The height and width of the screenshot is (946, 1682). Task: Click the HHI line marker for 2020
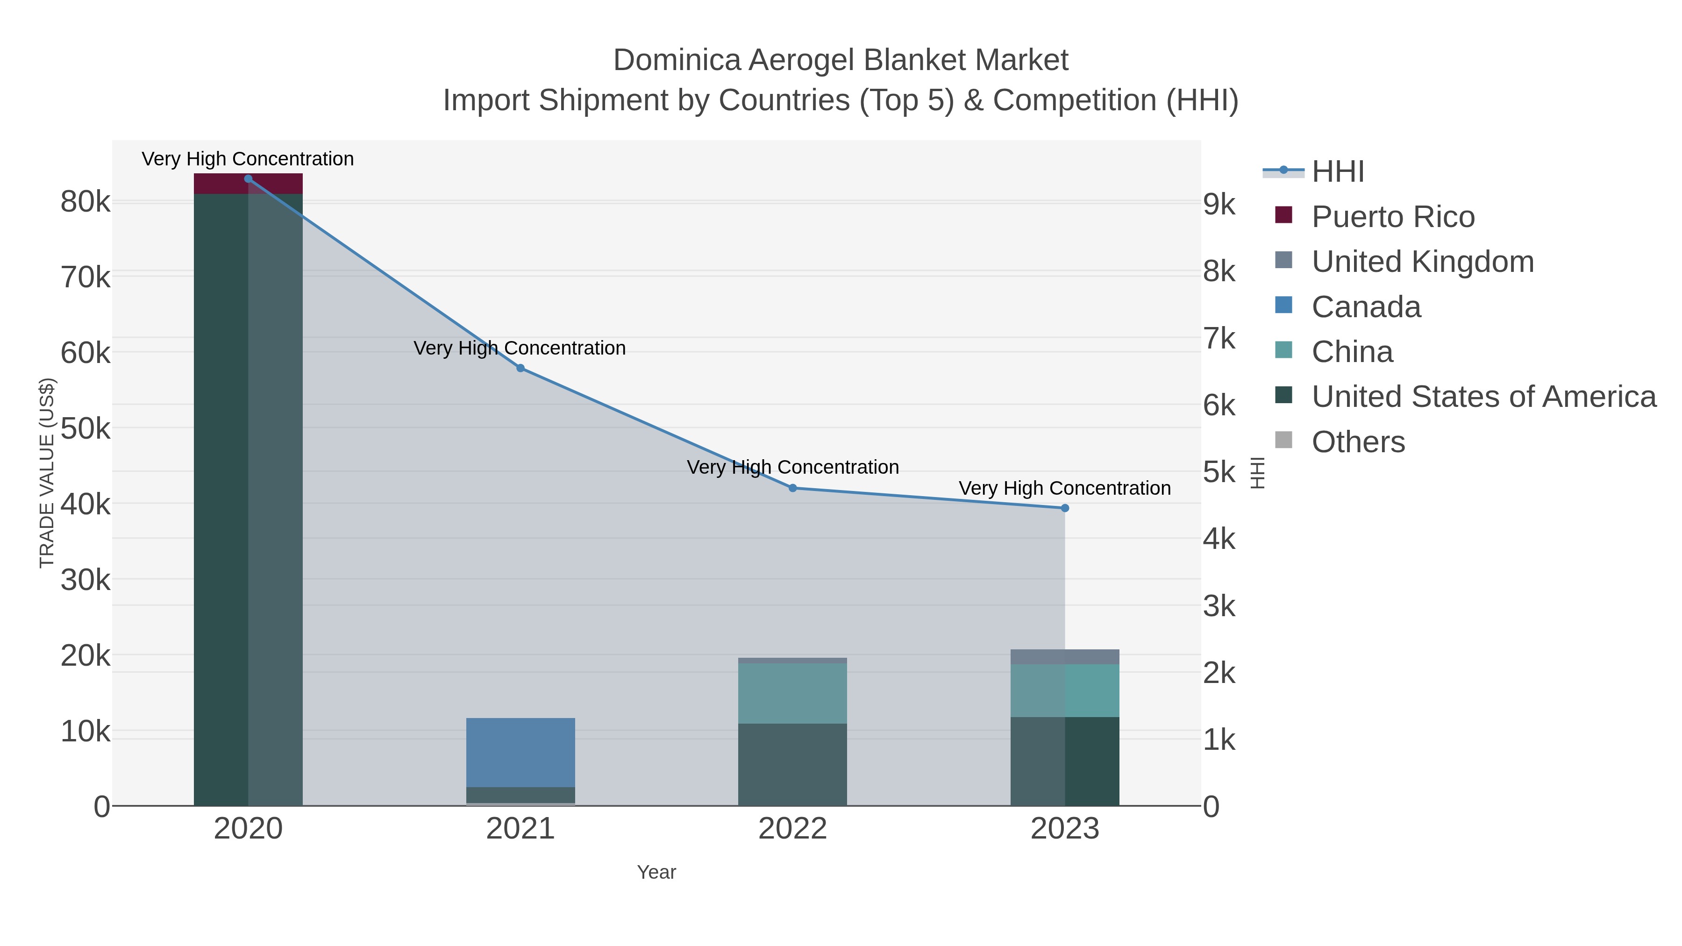tap(248, 179)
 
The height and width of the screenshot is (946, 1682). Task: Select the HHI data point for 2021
tap(520, 368)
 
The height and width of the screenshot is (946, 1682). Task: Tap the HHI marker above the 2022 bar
tap(793, 488)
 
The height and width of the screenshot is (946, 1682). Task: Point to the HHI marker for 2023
tap(1065, 508)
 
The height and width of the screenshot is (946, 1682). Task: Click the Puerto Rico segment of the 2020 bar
tap(248, 184)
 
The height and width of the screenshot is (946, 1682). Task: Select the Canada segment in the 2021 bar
tap(520, 752)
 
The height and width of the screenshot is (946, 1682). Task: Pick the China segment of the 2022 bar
tap(793, 693)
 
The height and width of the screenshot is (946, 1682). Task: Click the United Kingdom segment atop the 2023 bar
tap(1065, 657)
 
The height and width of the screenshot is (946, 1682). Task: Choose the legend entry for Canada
tap(1366, 307)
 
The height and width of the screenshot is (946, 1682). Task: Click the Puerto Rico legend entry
tap(1393, 217)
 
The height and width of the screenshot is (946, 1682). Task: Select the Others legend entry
tap(1358, 442)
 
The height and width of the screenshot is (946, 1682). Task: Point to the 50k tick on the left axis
tap(86, 429)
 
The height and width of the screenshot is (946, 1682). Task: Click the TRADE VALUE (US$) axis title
tap(47, 473)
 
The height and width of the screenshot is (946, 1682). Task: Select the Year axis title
tap(656, 872)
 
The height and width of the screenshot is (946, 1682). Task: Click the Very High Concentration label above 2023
tap(1064, 488)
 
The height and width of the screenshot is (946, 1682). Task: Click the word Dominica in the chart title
tap(677, 61)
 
